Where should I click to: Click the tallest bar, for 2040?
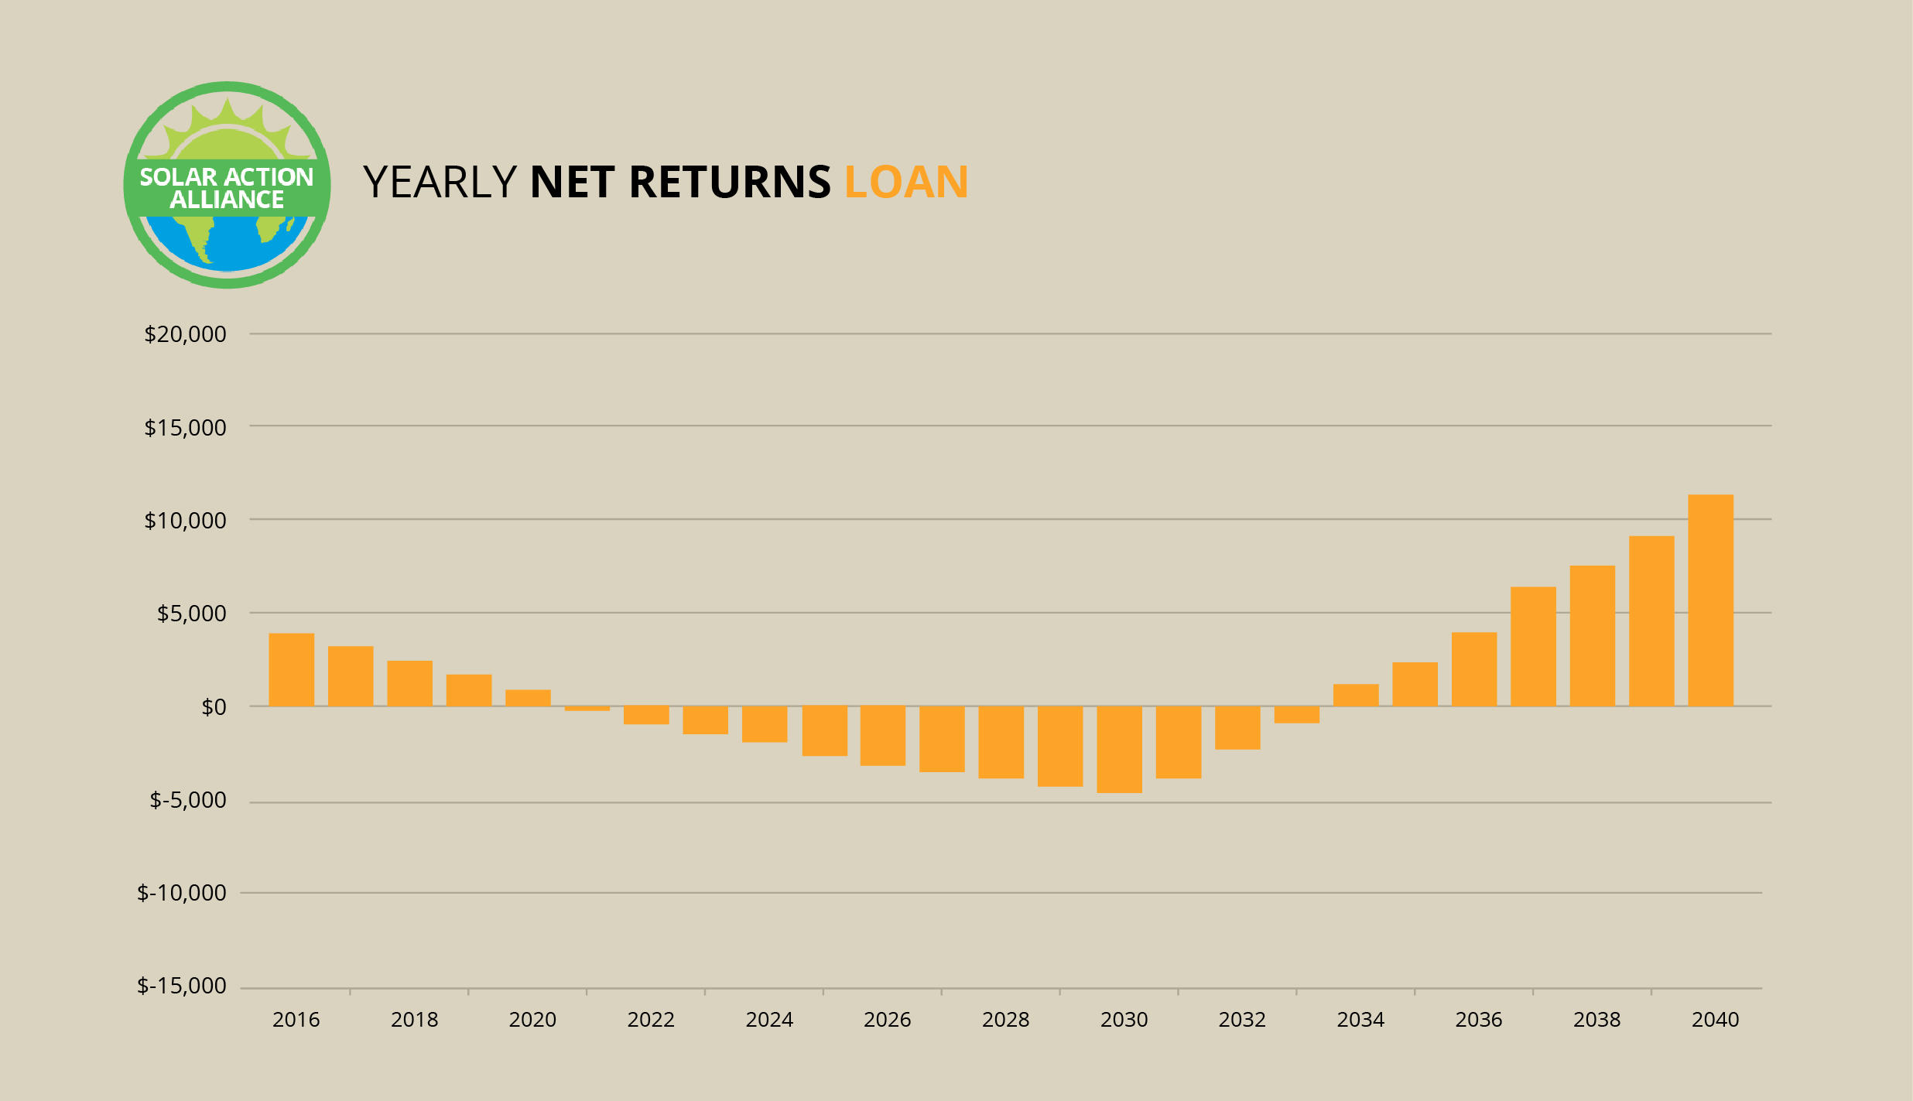pos(1710,600)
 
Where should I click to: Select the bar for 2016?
pos(292,670)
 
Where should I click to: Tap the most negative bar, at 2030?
pos(1119,749)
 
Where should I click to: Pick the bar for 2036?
pos(1474,669)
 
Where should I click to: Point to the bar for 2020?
pos(528,698)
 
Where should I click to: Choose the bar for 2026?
pos(883,736)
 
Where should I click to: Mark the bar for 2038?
pos(1593,636)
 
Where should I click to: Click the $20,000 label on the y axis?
pos(185,334)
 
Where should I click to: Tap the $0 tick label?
pos(214,707)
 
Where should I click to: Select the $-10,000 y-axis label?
pos(182,893)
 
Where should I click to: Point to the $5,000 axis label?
pos(192,614)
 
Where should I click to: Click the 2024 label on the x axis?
pos(769,1020)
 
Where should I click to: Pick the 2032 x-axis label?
pos(1242,1020)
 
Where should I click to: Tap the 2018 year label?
pos(414,1020)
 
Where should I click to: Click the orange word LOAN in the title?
pos(906,182)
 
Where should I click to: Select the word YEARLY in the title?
pos(440,182)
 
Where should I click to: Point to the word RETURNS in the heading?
pos(730,182)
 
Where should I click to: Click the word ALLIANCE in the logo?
pos(227,200)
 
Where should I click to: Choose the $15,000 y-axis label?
pos(185,428)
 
